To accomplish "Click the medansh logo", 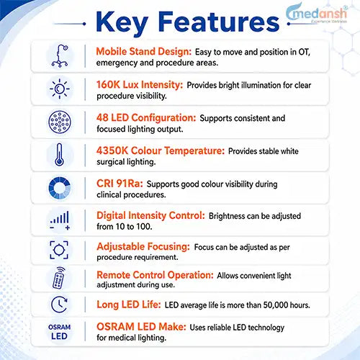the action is point(317,14).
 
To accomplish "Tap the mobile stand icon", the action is point(60,56).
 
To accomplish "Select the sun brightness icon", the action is point(60,89).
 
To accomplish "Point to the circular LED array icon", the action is point(60,122).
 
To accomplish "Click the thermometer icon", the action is point(59,155).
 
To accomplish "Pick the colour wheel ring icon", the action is point(60,188).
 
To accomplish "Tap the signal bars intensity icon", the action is point(60,220).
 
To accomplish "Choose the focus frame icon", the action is point(59,250).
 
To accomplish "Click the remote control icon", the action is point(59,278).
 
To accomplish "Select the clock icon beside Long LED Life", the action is point(59,305).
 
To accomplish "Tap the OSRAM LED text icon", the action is point(59,332).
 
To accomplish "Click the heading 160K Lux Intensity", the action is point(140,85).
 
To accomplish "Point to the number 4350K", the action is point(112,150).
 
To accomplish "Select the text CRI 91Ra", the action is point(120,184).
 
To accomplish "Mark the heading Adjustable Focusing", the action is point(143,247).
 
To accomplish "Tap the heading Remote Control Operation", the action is point(155,275).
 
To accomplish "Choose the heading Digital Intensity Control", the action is point(150,215).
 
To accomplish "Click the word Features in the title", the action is point(219,22).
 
